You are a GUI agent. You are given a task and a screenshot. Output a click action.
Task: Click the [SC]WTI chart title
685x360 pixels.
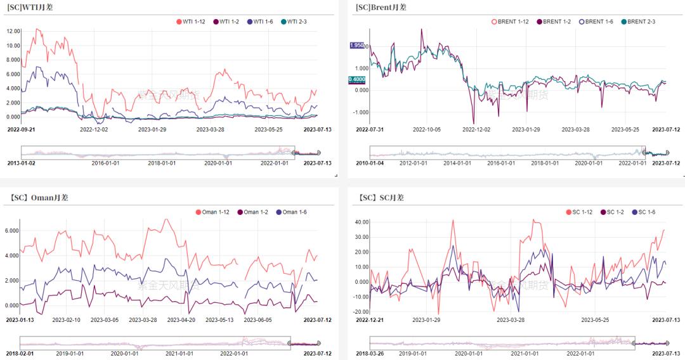[30, 7]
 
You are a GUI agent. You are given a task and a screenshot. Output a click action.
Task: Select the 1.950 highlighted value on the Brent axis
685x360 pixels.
[357, 46]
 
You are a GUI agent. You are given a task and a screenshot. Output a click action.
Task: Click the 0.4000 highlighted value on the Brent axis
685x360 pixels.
[357, 79]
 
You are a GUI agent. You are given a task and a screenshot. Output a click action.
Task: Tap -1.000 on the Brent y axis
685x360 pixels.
[362, 112]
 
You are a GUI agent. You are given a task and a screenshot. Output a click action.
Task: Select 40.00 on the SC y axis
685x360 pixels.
[362, 222]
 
